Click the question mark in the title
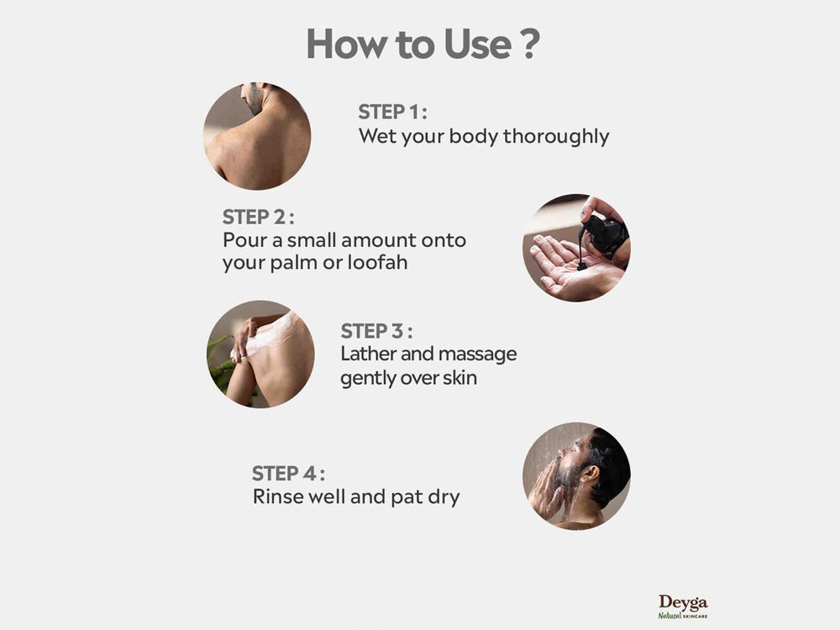pyautogui.click(x=529, y=44)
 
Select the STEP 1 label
pyautogui.click(x=392, y=112)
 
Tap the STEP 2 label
pyautogui.click(x=258, y=217)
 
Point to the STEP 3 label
pyautogui.click(x=376, y=331)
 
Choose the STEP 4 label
pyautogui.click(x=288, y=474)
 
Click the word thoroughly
pyautogui.click(x=556, y=137)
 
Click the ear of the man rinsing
pyautogui.click(x=590, y=474)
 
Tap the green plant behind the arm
pyautogui.click(x=221, y=365)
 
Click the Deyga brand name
pyautogui.click(x=683, y=602)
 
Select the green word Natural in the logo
pyautogui.click(x=669, y=616)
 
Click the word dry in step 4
pyautogui.click(x=444, y=497)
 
